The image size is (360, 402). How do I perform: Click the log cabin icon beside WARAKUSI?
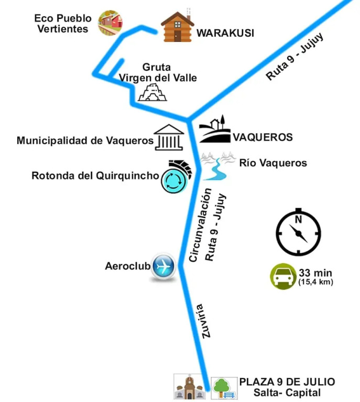[177, 26]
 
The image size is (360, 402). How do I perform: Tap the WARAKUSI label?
[225, 33]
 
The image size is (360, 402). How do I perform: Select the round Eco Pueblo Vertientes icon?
[110, 23]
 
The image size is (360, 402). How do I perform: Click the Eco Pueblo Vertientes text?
[63, 24]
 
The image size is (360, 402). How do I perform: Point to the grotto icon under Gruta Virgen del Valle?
[152, 92]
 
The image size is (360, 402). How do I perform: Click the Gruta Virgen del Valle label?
[158, 72]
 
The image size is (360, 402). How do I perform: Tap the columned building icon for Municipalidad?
[169, 138]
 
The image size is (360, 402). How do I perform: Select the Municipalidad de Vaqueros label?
[85, 140]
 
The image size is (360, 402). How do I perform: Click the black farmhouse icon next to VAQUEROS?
[215, 129]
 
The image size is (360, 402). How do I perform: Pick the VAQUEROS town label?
[263, 138]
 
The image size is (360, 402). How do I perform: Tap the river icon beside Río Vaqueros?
[218, 166]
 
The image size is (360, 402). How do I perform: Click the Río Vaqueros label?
[273, 163]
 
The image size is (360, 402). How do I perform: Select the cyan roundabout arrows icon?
[174, 181]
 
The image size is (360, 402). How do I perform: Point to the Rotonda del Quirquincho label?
[95, 176]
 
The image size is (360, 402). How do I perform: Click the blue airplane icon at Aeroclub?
[163, 266]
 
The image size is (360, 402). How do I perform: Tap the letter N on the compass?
[298, 219]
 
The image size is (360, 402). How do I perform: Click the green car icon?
[283, 276]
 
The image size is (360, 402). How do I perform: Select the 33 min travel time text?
[315, 273]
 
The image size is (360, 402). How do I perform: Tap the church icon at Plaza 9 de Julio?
[189, 387]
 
